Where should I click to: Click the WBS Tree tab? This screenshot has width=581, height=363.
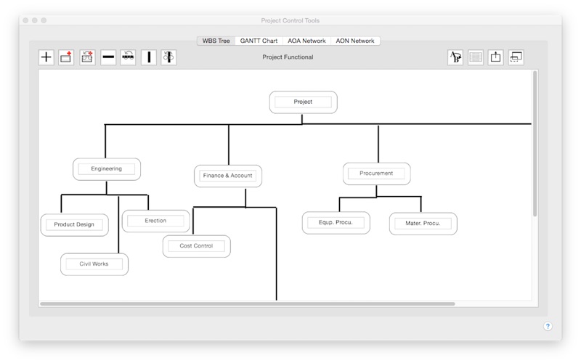[216, 41]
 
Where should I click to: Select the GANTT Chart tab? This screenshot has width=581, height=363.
[259, 41]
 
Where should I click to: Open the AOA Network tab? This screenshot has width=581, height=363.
[306, 41]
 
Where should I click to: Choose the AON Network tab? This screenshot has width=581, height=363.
[355, 41]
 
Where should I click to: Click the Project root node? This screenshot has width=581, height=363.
[303, 102]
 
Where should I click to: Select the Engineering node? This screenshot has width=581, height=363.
[106, 169]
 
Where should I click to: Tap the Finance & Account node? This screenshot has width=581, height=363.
[228, 176]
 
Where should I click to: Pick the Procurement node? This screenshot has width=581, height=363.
[376, 174]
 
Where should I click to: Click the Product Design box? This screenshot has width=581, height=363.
[75, 224]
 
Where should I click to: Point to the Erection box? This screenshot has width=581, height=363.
[155, 221]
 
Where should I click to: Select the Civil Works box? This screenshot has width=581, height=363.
[94, 264]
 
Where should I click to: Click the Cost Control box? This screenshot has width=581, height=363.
[196, 246]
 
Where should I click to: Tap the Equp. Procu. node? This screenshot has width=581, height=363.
[336, 223]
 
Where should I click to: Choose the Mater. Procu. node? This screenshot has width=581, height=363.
[423, 224]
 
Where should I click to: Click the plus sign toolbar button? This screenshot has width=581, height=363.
[46, 57]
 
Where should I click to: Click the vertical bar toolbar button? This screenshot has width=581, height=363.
[149, 57]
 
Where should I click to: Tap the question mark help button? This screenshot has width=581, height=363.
[548, 326]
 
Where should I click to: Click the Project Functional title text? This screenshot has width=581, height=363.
[288, 57]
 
